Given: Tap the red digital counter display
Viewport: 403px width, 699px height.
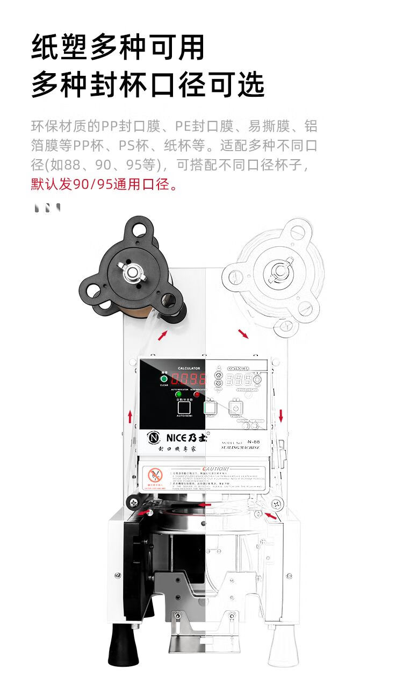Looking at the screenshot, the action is [189, 379].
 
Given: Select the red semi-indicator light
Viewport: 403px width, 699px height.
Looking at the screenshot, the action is [197, 394].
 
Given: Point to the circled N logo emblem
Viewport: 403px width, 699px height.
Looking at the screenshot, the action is [154, 438].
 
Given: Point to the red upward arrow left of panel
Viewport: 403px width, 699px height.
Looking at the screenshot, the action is [129, 416].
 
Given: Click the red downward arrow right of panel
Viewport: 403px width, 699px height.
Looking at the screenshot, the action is [280, 415].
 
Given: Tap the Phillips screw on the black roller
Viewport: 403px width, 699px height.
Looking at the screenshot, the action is [131, 503].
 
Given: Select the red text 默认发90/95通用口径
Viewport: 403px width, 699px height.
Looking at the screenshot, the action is [104, 185].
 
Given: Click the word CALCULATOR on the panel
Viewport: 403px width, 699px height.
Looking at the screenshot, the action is [189, 368].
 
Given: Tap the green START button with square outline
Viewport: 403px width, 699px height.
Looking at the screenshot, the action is [210, 409].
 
